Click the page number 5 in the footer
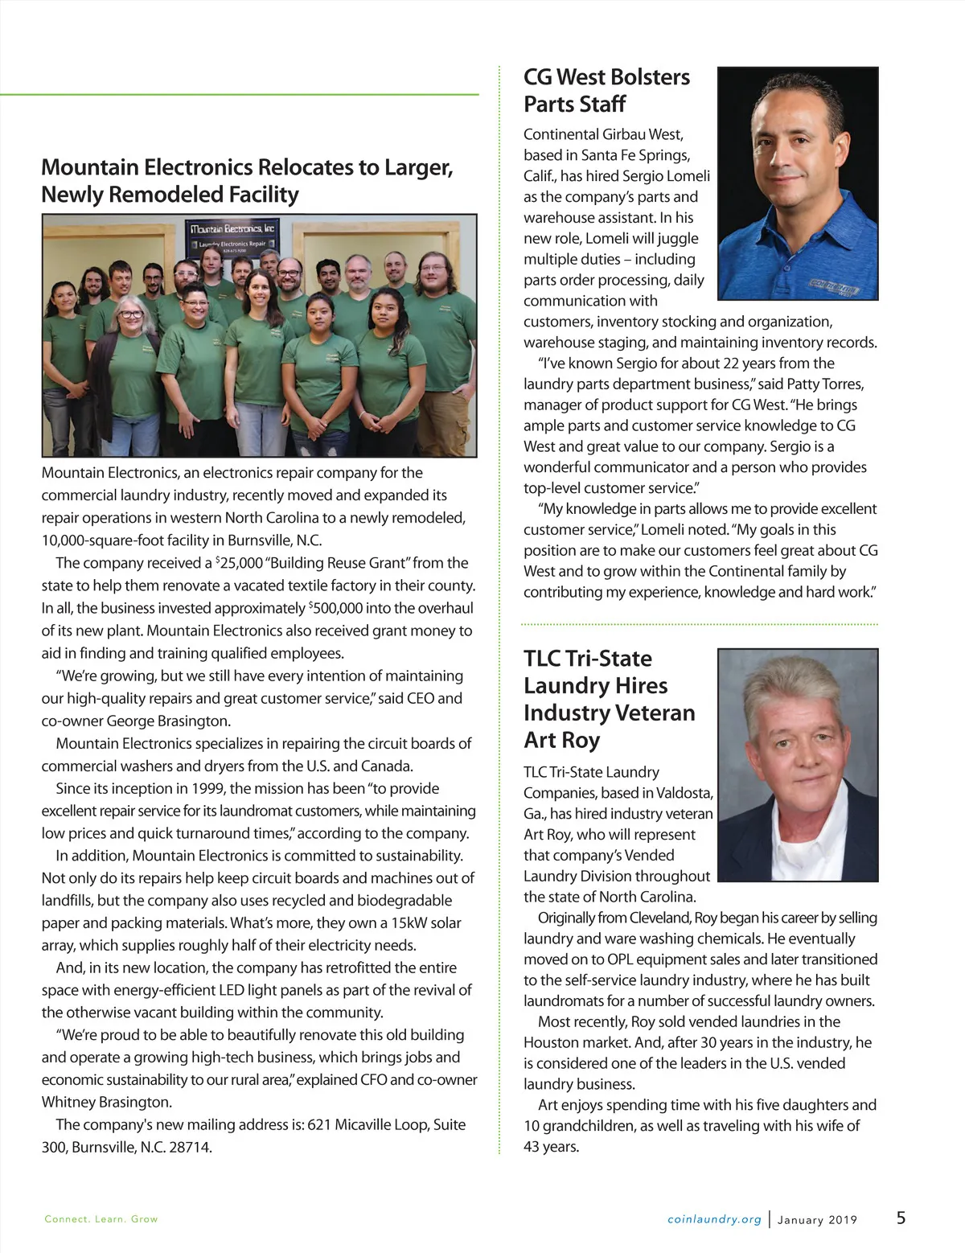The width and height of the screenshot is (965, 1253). tap(901, 1218)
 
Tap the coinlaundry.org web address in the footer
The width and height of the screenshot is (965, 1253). tap(714, 1219)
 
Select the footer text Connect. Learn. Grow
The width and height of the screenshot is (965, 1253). tap(101, 1219)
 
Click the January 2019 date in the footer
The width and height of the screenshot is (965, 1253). tap(817, 1220)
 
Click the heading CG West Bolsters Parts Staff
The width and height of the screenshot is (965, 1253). tap(606, 90)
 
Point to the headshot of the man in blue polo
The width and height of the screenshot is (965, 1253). tap(797, 183)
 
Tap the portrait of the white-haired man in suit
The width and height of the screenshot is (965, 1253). tap(797, 765)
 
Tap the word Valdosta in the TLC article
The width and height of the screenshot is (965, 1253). tap(684, 793)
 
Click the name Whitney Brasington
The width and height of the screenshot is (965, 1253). tap(106, 1102)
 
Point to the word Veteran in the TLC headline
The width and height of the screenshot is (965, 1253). tap(649, 713)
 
